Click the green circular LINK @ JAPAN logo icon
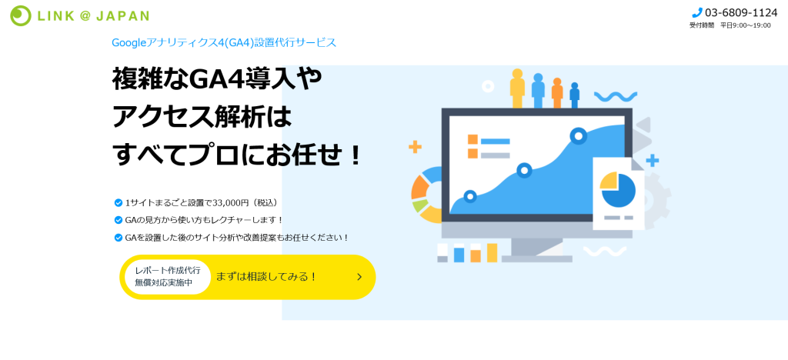coord(21,15)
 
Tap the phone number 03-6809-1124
coord(741,13)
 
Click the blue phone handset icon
coord(696,13)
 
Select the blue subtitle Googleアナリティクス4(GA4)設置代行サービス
coord(224,42)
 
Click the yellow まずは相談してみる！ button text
coord(267,277)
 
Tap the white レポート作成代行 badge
coord(167,277)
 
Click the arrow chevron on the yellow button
coord(359,277)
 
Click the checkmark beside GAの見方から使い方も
coord(119,220)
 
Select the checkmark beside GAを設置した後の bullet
coord(119,237)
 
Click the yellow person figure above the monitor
coord(517,88)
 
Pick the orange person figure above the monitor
coord(557,93)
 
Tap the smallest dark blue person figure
coord(574,95)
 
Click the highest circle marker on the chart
coord(579,135)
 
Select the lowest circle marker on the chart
coord(470,196)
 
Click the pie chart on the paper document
coord(618,190)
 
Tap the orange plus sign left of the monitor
coord(415,147)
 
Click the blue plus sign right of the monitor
coord(653,161)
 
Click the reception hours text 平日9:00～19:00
coord(745,25)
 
